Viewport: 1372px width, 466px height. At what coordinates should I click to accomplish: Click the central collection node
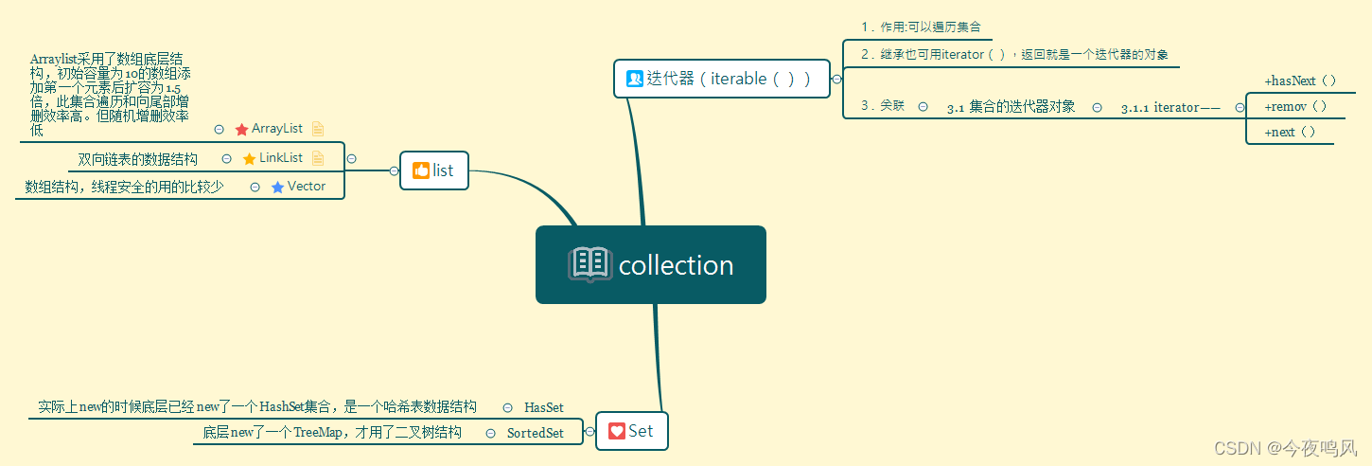click(651, 264)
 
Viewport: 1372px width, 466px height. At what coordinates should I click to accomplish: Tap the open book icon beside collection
click(589, 264)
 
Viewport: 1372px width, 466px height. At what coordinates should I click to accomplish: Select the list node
click(433, 170)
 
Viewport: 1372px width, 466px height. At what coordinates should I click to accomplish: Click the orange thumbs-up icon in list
click(421, 170)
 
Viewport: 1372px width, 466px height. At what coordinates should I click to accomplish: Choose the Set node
click(631, 431)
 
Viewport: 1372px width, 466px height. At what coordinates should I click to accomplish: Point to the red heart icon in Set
click(617, 431)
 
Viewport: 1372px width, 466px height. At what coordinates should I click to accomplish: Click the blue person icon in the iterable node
click(635, 79)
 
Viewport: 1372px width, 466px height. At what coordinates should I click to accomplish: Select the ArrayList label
click(277, 129)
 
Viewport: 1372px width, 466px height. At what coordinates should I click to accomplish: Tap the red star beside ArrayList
click(241, 129)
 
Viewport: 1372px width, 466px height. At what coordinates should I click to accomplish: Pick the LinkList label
click(281, 158)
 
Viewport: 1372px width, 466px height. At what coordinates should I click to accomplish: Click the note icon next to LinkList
click(318, 158)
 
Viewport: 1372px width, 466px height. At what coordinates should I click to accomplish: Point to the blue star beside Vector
click(277, 188)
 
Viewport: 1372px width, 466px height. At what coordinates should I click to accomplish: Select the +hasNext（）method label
click(1300, 81)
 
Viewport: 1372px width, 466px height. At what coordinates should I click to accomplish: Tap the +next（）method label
click(1290, 133)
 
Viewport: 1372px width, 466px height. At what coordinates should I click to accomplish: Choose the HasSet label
click(544, 407)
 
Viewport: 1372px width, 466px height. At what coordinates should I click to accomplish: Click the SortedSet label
click(535, 433)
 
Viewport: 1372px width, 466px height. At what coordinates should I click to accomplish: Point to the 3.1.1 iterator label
click(1170, 108)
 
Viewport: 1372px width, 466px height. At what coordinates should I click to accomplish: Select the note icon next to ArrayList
click(318, 129)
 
